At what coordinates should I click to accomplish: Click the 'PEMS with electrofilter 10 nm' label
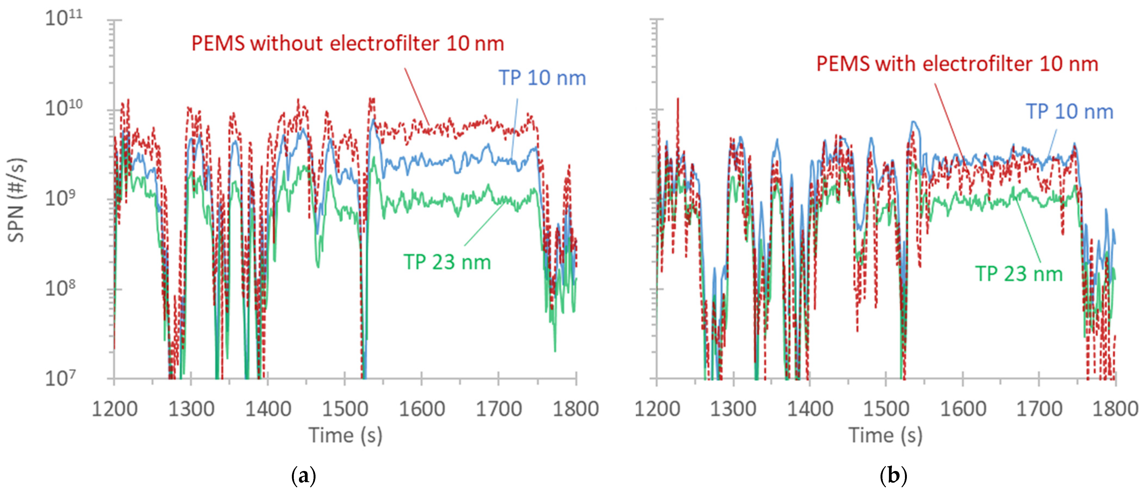[x=957, y=64]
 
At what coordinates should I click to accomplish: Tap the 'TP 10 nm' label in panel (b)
[x=1069, y=112]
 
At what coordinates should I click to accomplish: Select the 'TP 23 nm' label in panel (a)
[x=447, y=262]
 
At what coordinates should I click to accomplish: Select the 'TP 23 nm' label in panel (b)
[x=1019, y=274]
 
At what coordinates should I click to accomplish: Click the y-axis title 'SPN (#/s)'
[x=17, y=200]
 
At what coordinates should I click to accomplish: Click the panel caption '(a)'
[x=304, y=476]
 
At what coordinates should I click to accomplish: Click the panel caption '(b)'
[x=893, y=476]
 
